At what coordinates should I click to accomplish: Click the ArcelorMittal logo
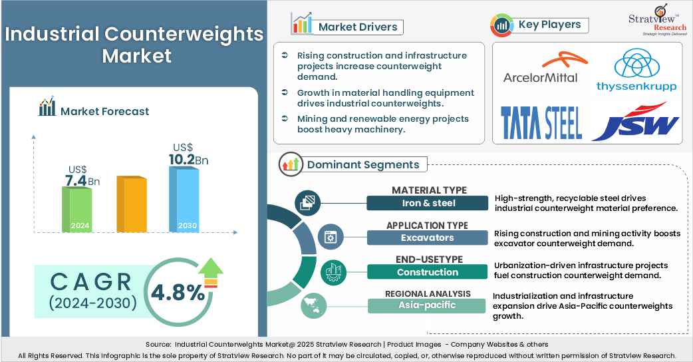541,69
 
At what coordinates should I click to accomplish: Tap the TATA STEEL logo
541,122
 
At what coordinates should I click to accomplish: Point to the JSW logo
635,121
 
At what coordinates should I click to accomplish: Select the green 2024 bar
76,209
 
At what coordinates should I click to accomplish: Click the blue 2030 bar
184,200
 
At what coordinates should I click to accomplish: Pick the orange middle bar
131,204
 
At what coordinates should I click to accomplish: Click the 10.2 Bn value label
184,159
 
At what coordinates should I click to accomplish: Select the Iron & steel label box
428,203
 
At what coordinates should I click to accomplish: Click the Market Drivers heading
358,27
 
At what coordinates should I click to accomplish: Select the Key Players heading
549,25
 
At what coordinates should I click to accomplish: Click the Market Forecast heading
104,111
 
